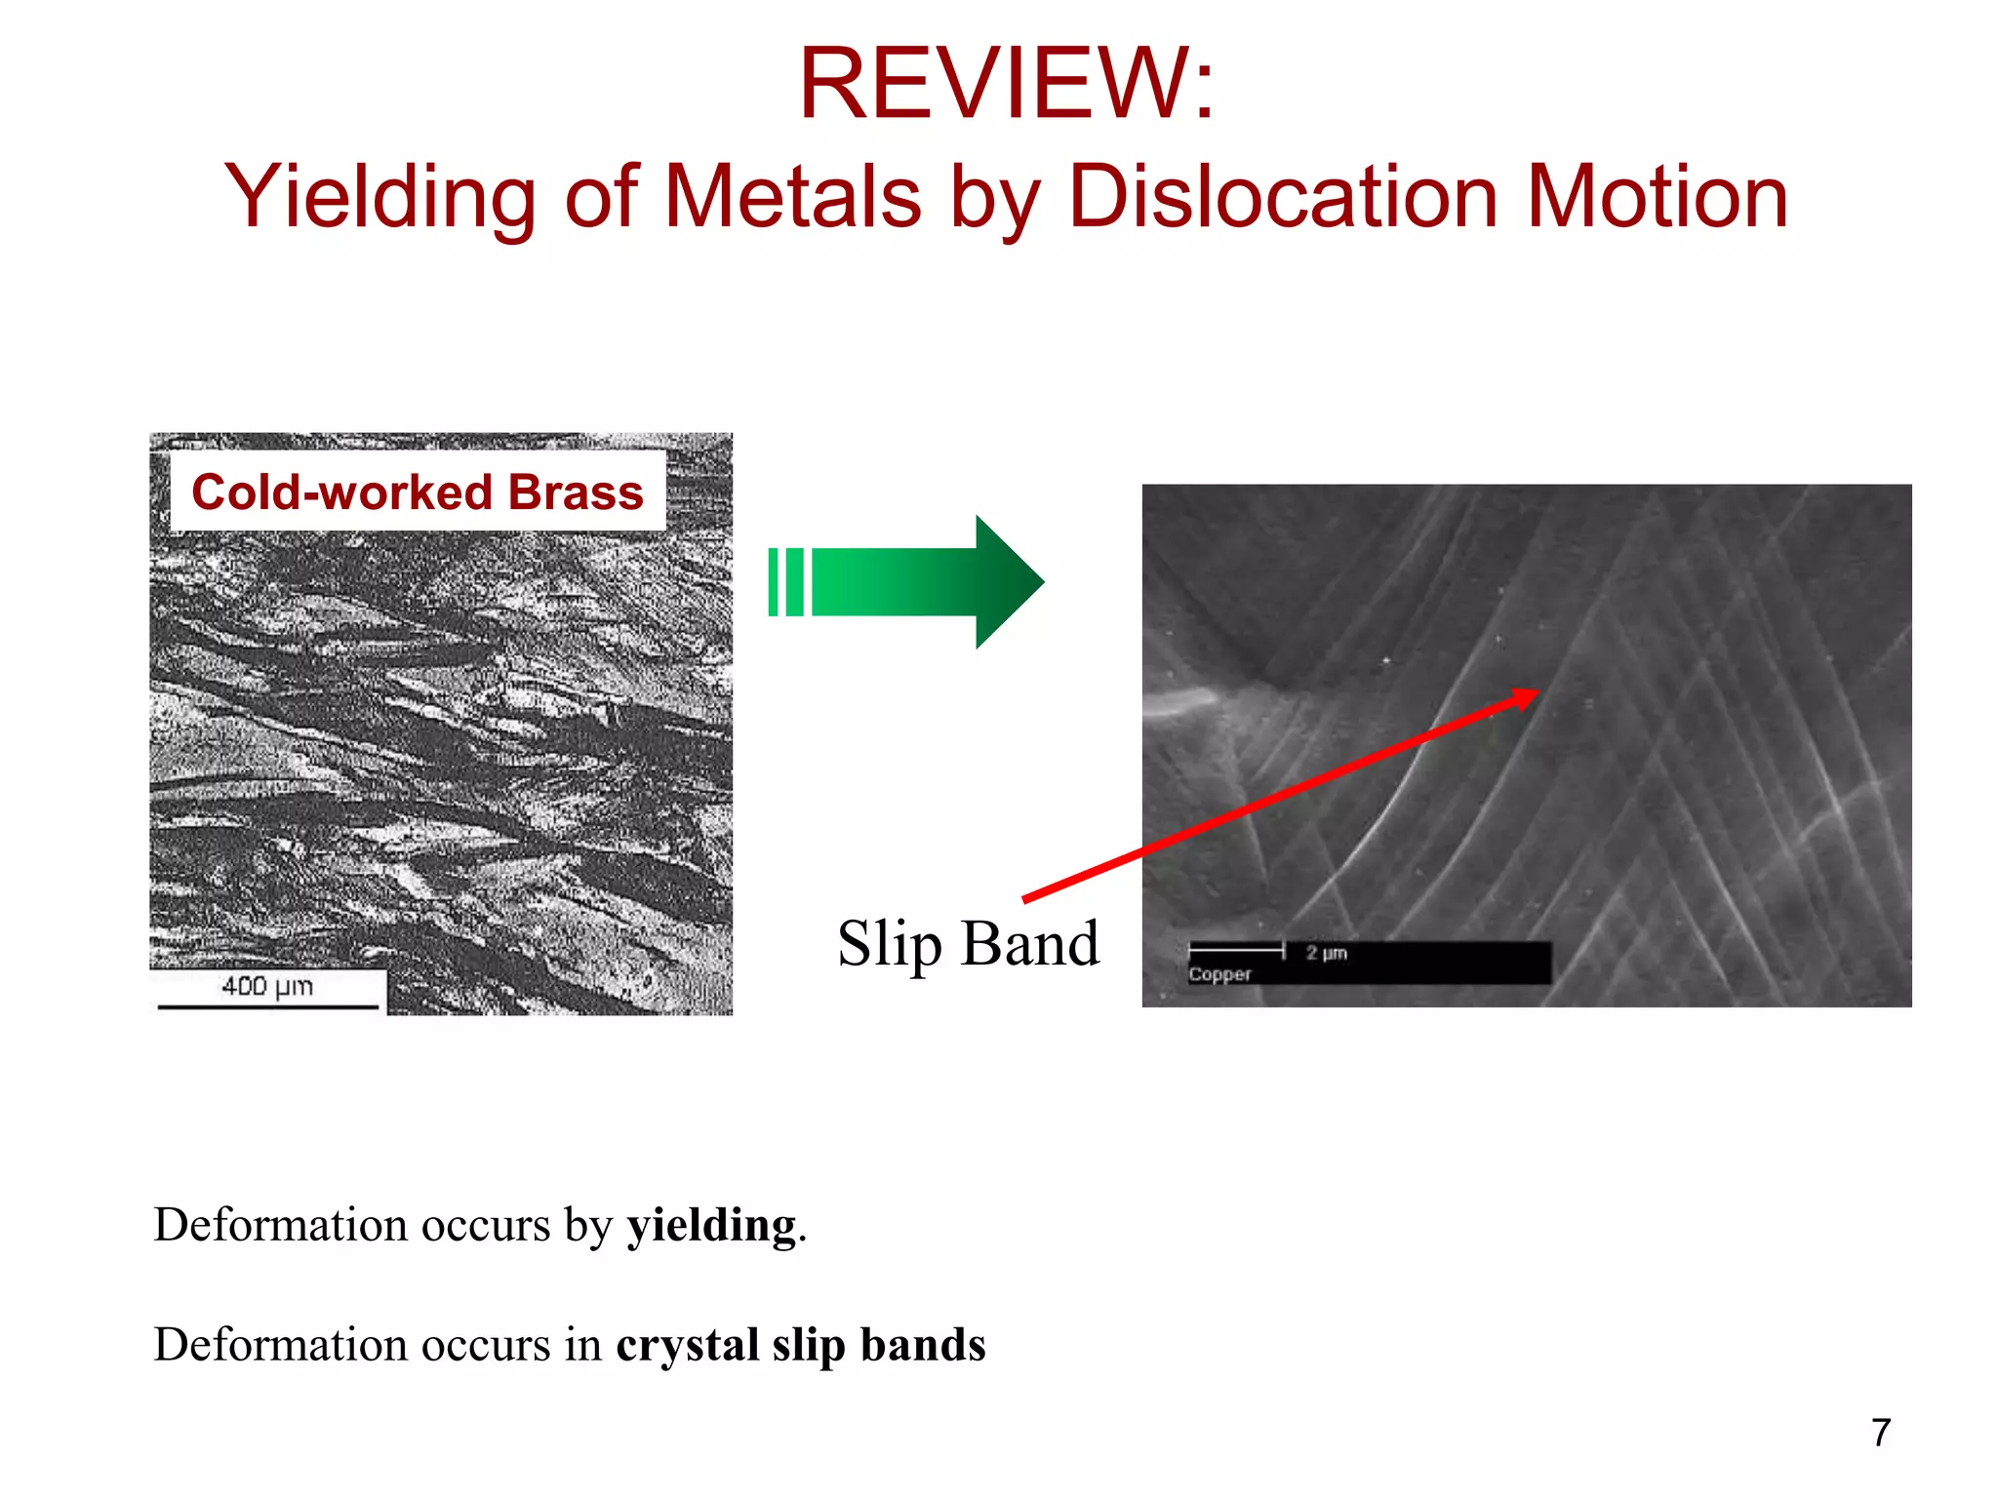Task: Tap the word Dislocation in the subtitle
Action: [x=1283, y=198]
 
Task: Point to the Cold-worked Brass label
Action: [x=418, y=493]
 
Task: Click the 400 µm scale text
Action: [x=267, y=986]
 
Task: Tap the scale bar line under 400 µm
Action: [x=267, y=1006]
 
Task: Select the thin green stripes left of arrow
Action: [x=785, y=582]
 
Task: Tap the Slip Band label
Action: [x=968, y=944]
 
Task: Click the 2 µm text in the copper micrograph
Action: [x=1326, y=953]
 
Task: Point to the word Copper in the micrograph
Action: [x=1219, y=974]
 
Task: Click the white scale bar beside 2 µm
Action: [x=1236, y=949]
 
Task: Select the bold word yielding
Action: [x=711, y=1226]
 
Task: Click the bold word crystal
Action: [x=687, y=1345]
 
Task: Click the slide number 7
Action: [x=1881, y=1433]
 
